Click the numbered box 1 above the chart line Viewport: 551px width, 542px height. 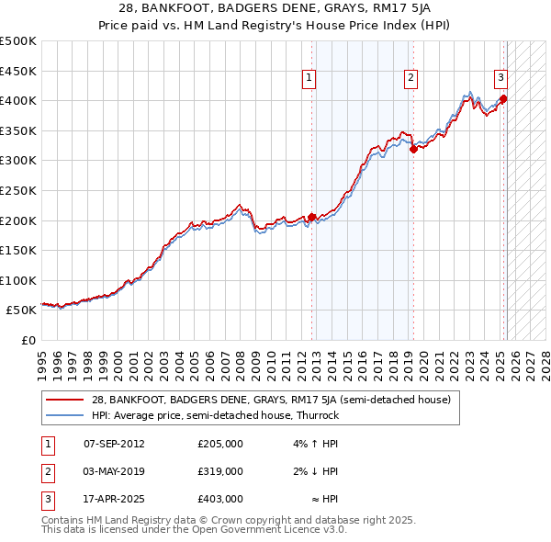click(x=309, y=79)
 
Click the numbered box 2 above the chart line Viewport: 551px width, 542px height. click(x=410, y=79)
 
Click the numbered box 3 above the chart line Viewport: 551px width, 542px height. click(x=501, y=79)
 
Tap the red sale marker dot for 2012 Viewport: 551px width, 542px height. click(x=311, y=217)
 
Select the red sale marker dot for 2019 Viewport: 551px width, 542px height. click(x=413, y=149)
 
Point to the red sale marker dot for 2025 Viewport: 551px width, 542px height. click(x=504, y=99)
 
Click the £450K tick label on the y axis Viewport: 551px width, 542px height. click(x=18, y=71)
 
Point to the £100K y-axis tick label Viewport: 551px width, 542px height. click(x=18, y=280)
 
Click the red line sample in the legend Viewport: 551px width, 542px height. click(x=65, y=400)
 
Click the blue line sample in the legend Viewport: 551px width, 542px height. click(x=65, y=415)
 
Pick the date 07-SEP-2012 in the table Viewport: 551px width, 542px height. click(x=114, y=444)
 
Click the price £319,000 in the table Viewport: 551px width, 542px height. click(x=220, y=471)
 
